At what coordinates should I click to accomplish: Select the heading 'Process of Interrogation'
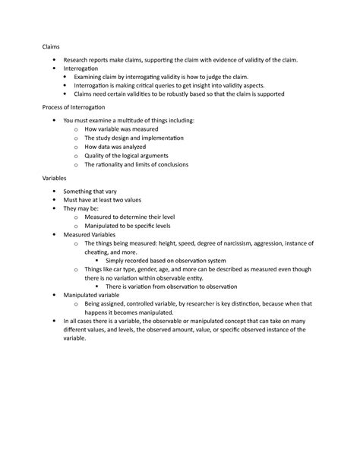(77, 107)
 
